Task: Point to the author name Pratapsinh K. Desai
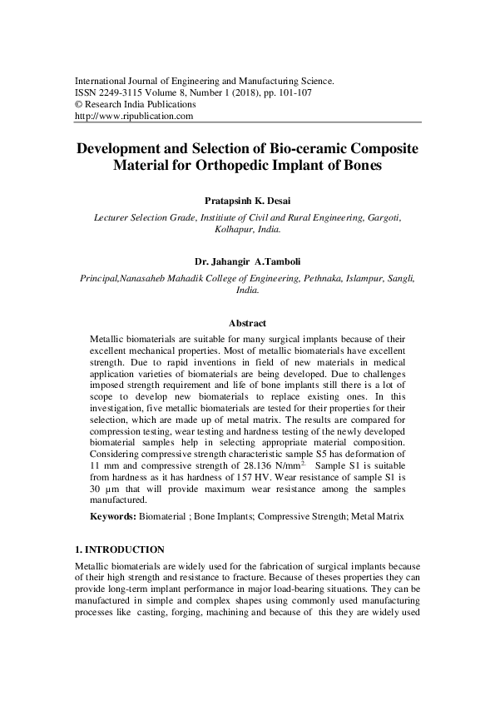click(247, 200)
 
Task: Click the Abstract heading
click(247, 323)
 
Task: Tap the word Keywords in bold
click(112, 517)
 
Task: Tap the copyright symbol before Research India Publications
click(78, 105)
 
